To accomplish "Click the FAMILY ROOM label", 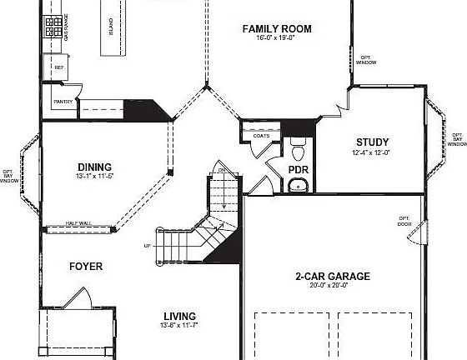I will point(277,29).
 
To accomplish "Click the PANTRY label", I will point(63,102).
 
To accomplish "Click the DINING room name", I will point(94,167).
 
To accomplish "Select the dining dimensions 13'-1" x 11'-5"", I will point(94,177).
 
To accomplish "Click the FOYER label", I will point(86,267).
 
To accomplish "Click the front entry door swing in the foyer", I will point(78,298).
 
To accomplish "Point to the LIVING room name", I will point(179,317).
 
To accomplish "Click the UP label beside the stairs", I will point(148,246).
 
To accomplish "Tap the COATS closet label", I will point(261,136).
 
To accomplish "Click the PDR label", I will point(299,170).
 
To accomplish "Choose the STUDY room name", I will point(372,142).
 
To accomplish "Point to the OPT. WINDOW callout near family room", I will point(366,60).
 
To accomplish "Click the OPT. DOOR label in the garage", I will point(404,221).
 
